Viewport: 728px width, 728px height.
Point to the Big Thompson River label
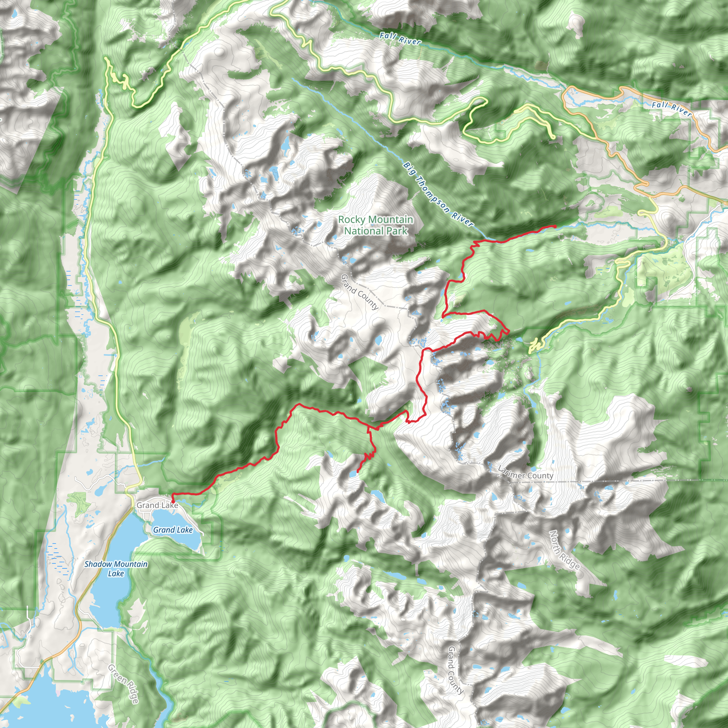438,194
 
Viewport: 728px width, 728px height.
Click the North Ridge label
564,550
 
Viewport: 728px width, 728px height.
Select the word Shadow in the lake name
98,564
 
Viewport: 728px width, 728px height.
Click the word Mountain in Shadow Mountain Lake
130,564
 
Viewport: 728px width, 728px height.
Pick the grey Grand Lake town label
157,505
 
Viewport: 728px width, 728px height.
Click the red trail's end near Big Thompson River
556,226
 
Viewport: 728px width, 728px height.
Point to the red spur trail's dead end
357,471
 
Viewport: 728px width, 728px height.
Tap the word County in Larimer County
540,476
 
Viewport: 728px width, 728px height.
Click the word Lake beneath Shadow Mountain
116,573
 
